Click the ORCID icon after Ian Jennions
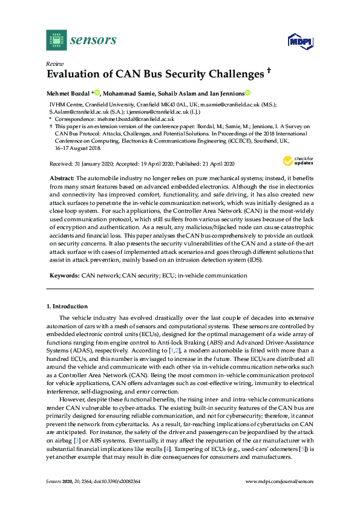tap(247, 93)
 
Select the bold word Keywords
tap(64, 275)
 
